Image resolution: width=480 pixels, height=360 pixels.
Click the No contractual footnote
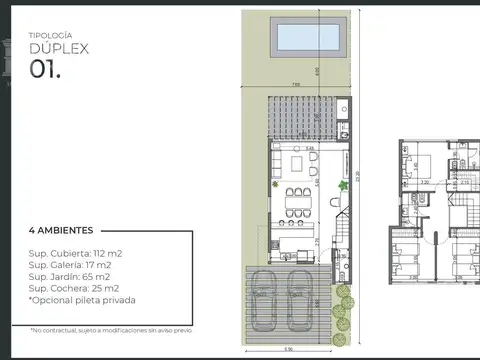tap(110, 329)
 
